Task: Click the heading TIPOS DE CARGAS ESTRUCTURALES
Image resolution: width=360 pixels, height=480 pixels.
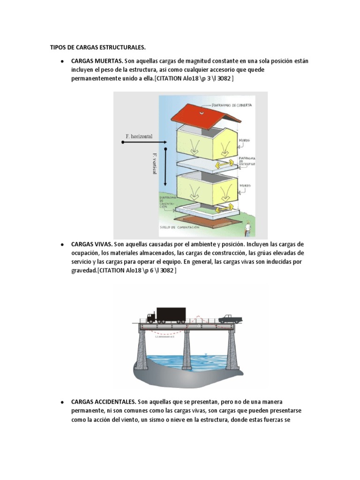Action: (x=97, y=47)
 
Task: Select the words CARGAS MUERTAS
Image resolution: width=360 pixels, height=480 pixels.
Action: (x=97, y=61)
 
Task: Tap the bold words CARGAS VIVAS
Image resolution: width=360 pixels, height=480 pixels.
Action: (x=91, y=245)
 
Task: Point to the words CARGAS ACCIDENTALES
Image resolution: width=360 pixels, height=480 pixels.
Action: (x=103, y=402)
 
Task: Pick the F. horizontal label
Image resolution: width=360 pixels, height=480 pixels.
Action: (x=139, y=136)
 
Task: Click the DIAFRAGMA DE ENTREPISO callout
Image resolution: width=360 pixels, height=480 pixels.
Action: (x=247, y=162)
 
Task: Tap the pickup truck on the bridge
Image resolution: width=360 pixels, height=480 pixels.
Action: (x=230, y=319)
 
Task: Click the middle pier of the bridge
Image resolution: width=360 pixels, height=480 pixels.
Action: (x=187, y=349)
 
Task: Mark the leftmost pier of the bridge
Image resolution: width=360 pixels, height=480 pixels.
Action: (x=143, y=349)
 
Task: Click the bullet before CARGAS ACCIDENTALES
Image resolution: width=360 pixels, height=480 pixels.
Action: (x=62, y=403)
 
